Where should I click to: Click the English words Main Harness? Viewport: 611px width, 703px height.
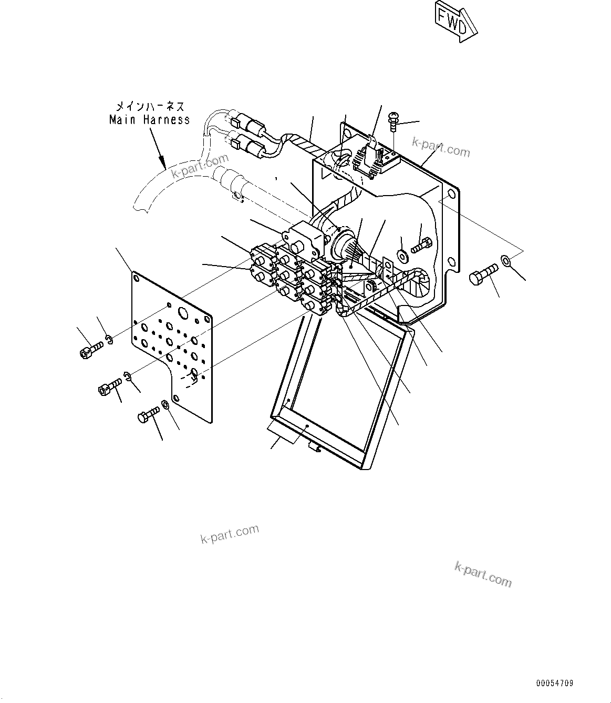coord(149,120)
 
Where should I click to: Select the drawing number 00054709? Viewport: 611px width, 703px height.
coord(554,684)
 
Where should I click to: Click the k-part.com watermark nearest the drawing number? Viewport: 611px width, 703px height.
coord(482,574)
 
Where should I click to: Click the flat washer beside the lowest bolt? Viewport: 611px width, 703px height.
coord(165,404)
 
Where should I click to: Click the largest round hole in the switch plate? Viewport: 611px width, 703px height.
coord(183,314)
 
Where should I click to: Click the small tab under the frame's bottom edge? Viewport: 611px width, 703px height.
coord(314,447)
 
